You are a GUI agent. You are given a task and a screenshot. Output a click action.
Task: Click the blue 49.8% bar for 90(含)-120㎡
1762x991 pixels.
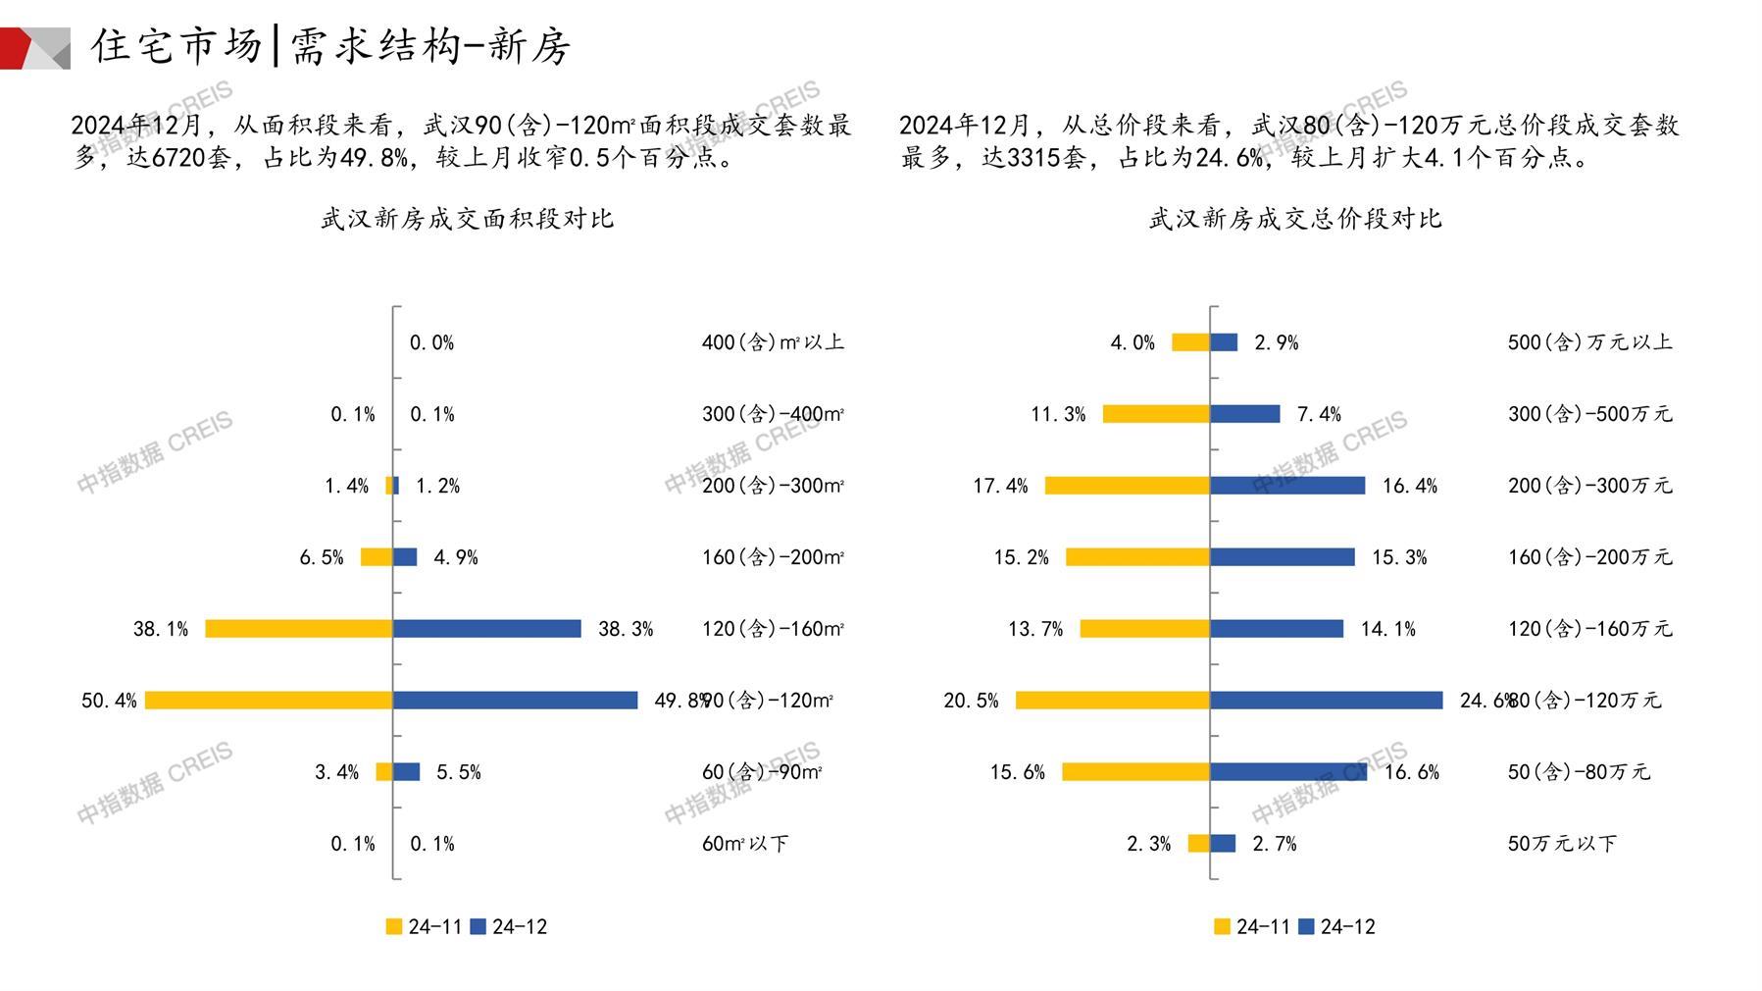pos(515,701)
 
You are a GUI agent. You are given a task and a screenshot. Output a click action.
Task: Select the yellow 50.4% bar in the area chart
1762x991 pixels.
pos(269,701)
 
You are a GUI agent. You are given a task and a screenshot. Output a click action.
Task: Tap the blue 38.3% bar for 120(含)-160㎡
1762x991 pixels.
pos(487,629)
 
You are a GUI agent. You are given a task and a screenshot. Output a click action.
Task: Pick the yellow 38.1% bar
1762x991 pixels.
pos(299,629)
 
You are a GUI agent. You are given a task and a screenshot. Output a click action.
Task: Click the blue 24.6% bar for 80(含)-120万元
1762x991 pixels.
pos(1326,701)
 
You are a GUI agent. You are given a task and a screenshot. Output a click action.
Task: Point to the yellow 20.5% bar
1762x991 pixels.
pos(1113,701)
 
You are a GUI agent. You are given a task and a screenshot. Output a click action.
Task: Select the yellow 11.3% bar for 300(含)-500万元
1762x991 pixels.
pos(1156,414)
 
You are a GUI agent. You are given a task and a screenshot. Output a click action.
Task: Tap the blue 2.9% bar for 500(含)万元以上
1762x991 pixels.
pos(1224,342)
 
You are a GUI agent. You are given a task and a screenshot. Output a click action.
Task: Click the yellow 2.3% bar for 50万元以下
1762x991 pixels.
pos(1198,844)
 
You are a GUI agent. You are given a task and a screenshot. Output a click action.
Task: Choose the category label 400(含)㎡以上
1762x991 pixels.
pos(773,342)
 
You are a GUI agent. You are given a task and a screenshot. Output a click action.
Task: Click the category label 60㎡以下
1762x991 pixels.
pos(744,844)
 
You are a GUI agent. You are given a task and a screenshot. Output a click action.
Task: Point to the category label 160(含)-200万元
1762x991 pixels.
pos(1589,557)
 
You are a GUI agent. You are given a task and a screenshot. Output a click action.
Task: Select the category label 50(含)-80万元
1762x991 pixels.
pos(1579,772)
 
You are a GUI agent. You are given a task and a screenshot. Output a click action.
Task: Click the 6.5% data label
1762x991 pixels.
pos(322,557)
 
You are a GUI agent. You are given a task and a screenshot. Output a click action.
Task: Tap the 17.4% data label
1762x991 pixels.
pos(1000,486)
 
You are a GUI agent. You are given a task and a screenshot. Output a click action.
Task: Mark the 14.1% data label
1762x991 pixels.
pos(1387,629)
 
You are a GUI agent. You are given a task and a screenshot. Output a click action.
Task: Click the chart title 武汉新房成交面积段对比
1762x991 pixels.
pos(467,219)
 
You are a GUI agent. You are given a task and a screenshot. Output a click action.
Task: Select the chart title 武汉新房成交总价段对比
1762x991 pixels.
pos(1295,219)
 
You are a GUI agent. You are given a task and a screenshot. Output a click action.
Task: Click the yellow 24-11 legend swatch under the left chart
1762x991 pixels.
pos(394,926)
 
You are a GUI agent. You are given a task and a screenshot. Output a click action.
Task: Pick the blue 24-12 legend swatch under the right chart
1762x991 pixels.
pos(1306,926)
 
